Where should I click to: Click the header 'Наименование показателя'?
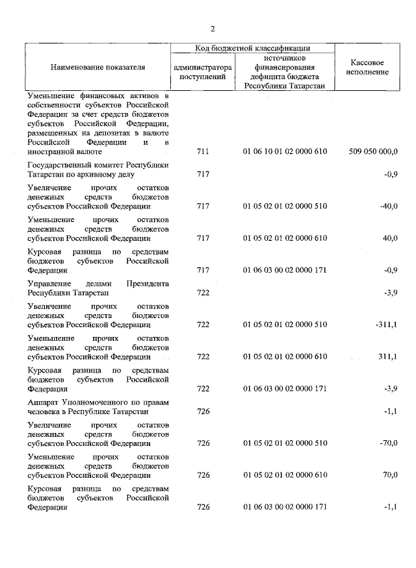97,67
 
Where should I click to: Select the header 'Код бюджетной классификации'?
252,48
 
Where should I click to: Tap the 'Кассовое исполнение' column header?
369,67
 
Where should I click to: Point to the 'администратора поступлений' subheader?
202,71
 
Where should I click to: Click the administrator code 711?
203,151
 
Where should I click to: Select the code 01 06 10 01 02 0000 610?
285,151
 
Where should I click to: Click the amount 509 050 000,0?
373,151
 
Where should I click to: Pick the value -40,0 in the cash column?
389,206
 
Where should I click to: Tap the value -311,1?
386,324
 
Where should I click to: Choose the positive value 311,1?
388,356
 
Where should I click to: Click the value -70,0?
389,443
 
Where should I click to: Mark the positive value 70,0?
390,475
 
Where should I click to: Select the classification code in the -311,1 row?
285,324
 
